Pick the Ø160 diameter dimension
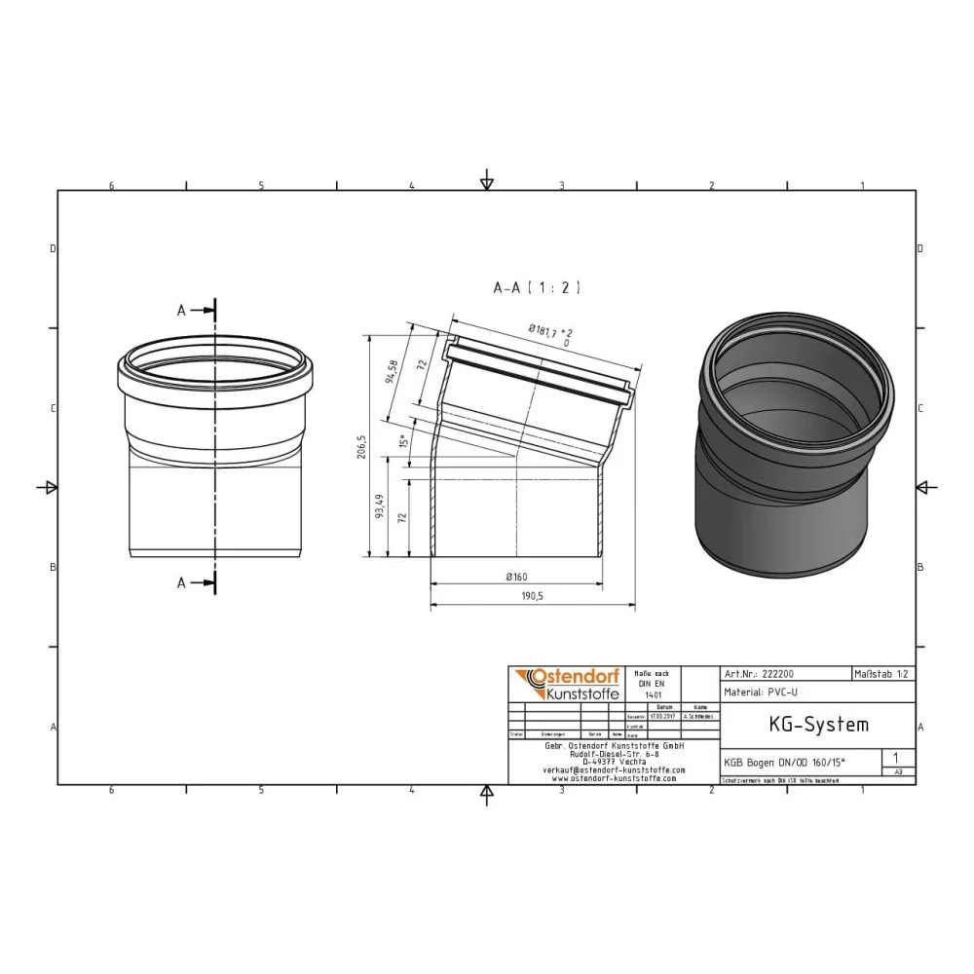coord(516,577)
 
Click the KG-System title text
coord(805,725)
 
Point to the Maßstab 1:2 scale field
coord(882,673)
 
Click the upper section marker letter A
coord(181,310)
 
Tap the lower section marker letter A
coord(181,582)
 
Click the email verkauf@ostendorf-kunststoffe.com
coord(613,769)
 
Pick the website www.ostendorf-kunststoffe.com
coord(613,778)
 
